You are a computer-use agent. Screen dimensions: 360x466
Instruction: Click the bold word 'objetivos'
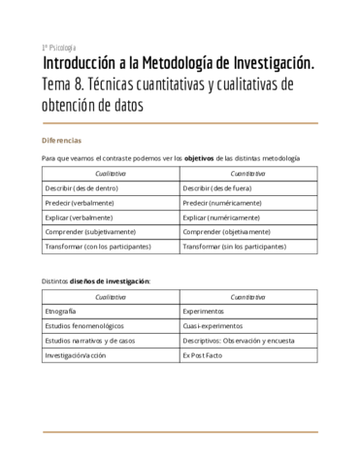click(x=200, y=157)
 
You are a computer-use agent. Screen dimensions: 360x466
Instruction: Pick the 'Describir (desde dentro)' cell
click(x=83, y=188)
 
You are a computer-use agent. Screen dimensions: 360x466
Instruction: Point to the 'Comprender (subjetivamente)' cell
click(x=90, y=232)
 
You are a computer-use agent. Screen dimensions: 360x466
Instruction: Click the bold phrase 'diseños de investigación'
click(x=110, y=280)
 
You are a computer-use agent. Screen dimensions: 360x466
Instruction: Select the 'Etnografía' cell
click(x=61, y=312)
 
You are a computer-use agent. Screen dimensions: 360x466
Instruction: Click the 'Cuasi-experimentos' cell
click(x=213, y=326)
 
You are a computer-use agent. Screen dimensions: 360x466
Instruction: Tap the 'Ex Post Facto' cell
click(x=204, y=355)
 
